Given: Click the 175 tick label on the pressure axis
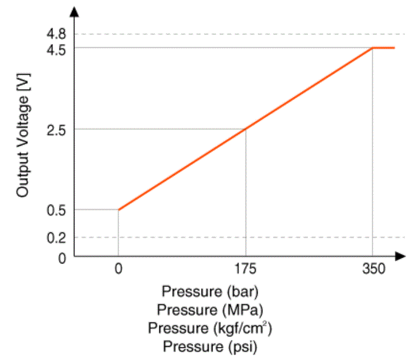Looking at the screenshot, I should [245, 268].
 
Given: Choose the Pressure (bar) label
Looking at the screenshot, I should [210, 291].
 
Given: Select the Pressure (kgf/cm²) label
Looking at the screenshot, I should [210, 328].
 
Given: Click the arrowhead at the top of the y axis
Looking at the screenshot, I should [75, 11].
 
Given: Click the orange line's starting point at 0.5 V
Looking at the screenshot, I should [118, 210].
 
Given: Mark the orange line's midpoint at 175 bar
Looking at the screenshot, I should [246, 129].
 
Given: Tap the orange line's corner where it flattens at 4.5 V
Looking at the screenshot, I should [372, 48].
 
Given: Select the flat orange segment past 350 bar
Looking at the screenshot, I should [384, 48].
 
